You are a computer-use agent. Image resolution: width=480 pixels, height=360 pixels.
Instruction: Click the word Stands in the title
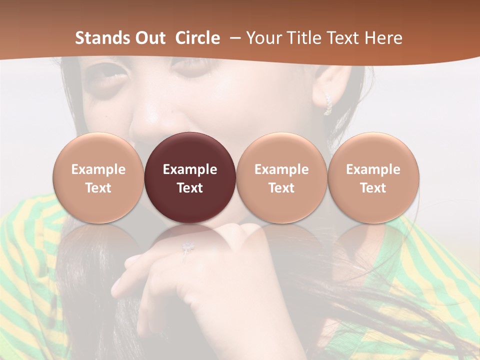(x=97, y=38)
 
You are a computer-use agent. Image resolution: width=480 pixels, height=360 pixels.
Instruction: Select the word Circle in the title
(x=197, y=38)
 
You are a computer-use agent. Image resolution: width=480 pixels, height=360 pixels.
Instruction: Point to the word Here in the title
(x=384, y=38)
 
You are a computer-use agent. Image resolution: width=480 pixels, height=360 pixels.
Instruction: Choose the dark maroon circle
(x=190, y=177)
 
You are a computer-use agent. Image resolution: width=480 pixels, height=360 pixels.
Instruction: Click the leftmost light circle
(x=98, y=177)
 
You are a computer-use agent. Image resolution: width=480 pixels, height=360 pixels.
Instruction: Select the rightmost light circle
(x=373, y=177)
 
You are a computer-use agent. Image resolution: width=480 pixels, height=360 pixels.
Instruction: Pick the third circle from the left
(x=281, y=177)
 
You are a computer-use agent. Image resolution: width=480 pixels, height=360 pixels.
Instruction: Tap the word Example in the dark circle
(x=190, y=169)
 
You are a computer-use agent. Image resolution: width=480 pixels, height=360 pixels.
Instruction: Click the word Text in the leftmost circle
(x=98, y=188)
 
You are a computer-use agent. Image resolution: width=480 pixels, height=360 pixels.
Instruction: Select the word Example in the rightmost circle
(x=373, y=169)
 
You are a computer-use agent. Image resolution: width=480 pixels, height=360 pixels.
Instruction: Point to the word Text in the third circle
(x=281, y=188)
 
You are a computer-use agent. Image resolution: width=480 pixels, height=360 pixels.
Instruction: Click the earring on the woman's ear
(x=328, y=104)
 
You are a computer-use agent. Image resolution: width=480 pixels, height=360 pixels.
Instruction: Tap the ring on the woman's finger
(x=187, y=247)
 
